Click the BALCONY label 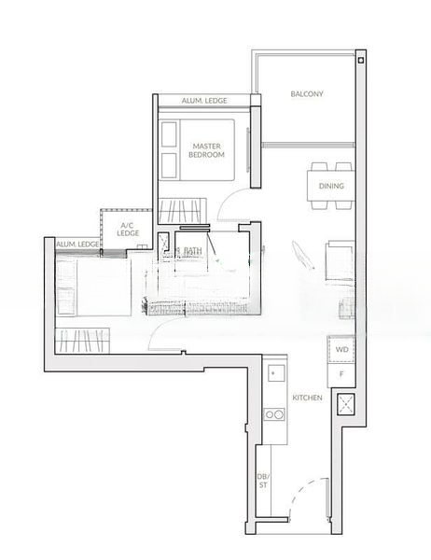point(307,93)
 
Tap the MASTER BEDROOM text point(206,150)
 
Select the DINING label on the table point(330,186)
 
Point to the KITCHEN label point(307,398)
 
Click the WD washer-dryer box point(341,351)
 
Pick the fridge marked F point(341,374)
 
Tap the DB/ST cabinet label point(263,481)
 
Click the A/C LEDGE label point(128,230)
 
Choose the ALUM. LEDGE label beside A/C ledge point(77,245)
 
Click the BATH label point(193,250)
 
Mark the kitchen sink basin point(273,376)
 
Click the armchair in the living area point(338,259)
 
